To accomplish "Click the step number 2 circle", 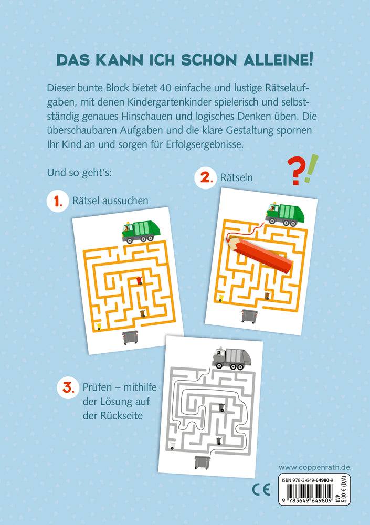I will click(205, 178).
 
